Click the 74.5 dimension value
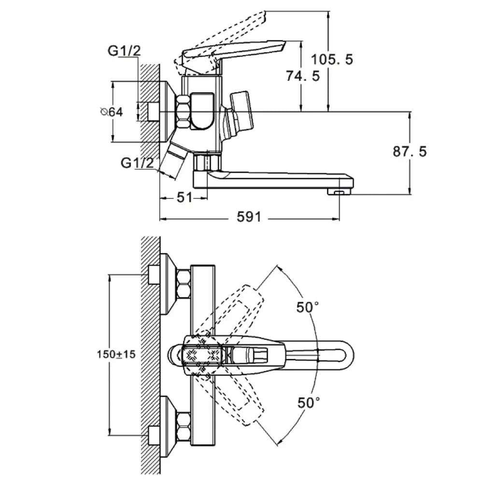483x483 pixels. coord(303,76)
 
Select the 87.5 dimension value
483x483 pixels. coord(409,151)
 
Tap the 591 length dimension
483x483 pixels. coord(248,217)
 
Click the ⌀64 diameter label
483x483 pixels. coord(112,112)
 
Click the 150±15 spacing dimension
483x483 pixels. coord(116,354)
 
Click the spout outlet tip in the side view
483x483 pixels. coord(339,192)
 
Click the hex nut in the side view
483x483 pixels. coord(184,112)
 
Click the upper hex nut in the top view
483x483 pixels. coord(184,284)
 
